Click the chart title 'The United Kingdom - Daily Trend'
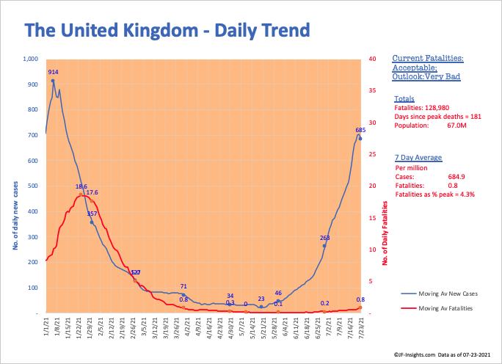(x=167, y=30)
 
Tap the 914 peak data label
(x=53, y=72)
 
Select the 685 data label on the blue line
(x=360, y=131)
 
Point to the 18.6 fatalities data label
(x=81, y=186)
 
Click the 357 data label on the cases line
(x=92, y=214)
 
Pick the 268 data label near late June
(x=325, y=237)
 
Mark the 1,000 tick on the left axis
(x=29, y=59)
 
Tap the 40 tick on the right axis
(x=374, y=59)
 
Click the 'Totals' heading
(x=404, y=98)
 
